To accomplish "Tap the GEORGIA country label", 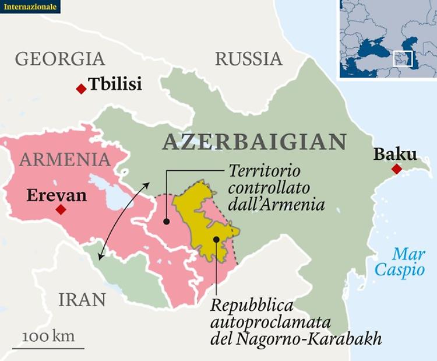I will (60, 59).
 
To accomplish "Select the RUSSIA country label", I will (249, 59).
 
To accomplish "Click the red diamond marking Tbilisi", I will (81, 89).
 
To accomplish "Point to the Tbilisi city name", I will (115, 85).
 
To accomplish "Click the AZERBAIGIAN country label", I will (255, 142).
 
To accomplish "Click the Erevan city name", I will (57, 195).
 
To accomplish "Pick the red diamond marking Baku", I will (397, 169).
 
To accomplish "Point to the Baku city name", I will (395, 154).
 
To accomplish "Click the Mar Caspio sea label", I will (400, 262).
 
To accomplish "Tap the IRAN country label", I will (82, 300).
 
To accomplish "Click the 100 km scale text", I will (48, 337).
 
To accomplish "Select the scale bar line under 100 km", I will (48, 348).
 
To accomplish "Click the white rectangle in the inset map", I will (403, 58).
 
